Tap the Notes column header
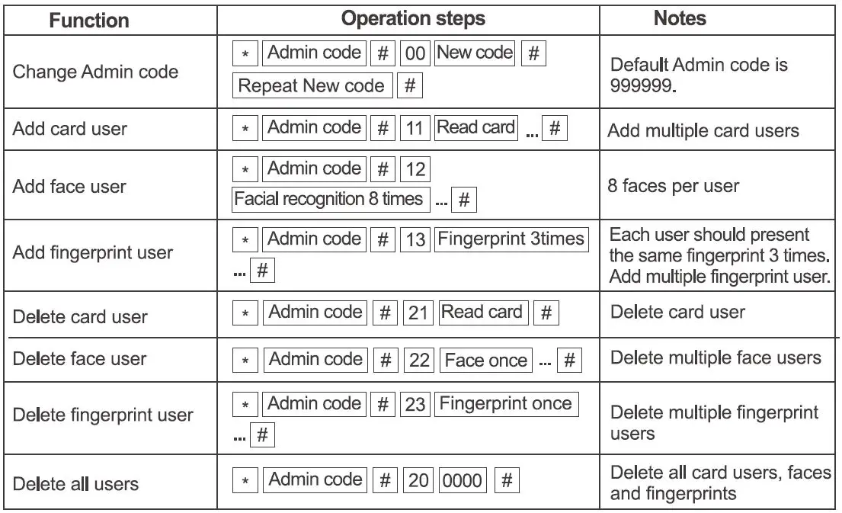(x=680, y=19)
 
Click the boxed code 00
(x=416, y=55)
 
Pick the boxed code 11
(x=416, y=129)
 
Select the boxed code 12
(x=416, y=169)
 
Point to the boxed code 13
(x=416, y=240)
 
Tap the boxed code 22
(x=419, y=360)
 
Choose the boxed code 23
(x=416, y=404)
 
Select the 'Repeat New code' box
(x=312, y=86)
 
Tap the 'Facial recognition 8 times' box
(x=329, y=200)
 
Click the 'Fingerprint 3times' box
(x=511, y=239)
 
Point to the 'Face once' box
(x=485, y=360)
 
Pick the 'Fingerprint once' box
(x=505, y=404)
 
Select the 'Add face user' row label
(x=69, y=186)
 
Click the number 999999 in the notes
(x=642, y=85)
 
